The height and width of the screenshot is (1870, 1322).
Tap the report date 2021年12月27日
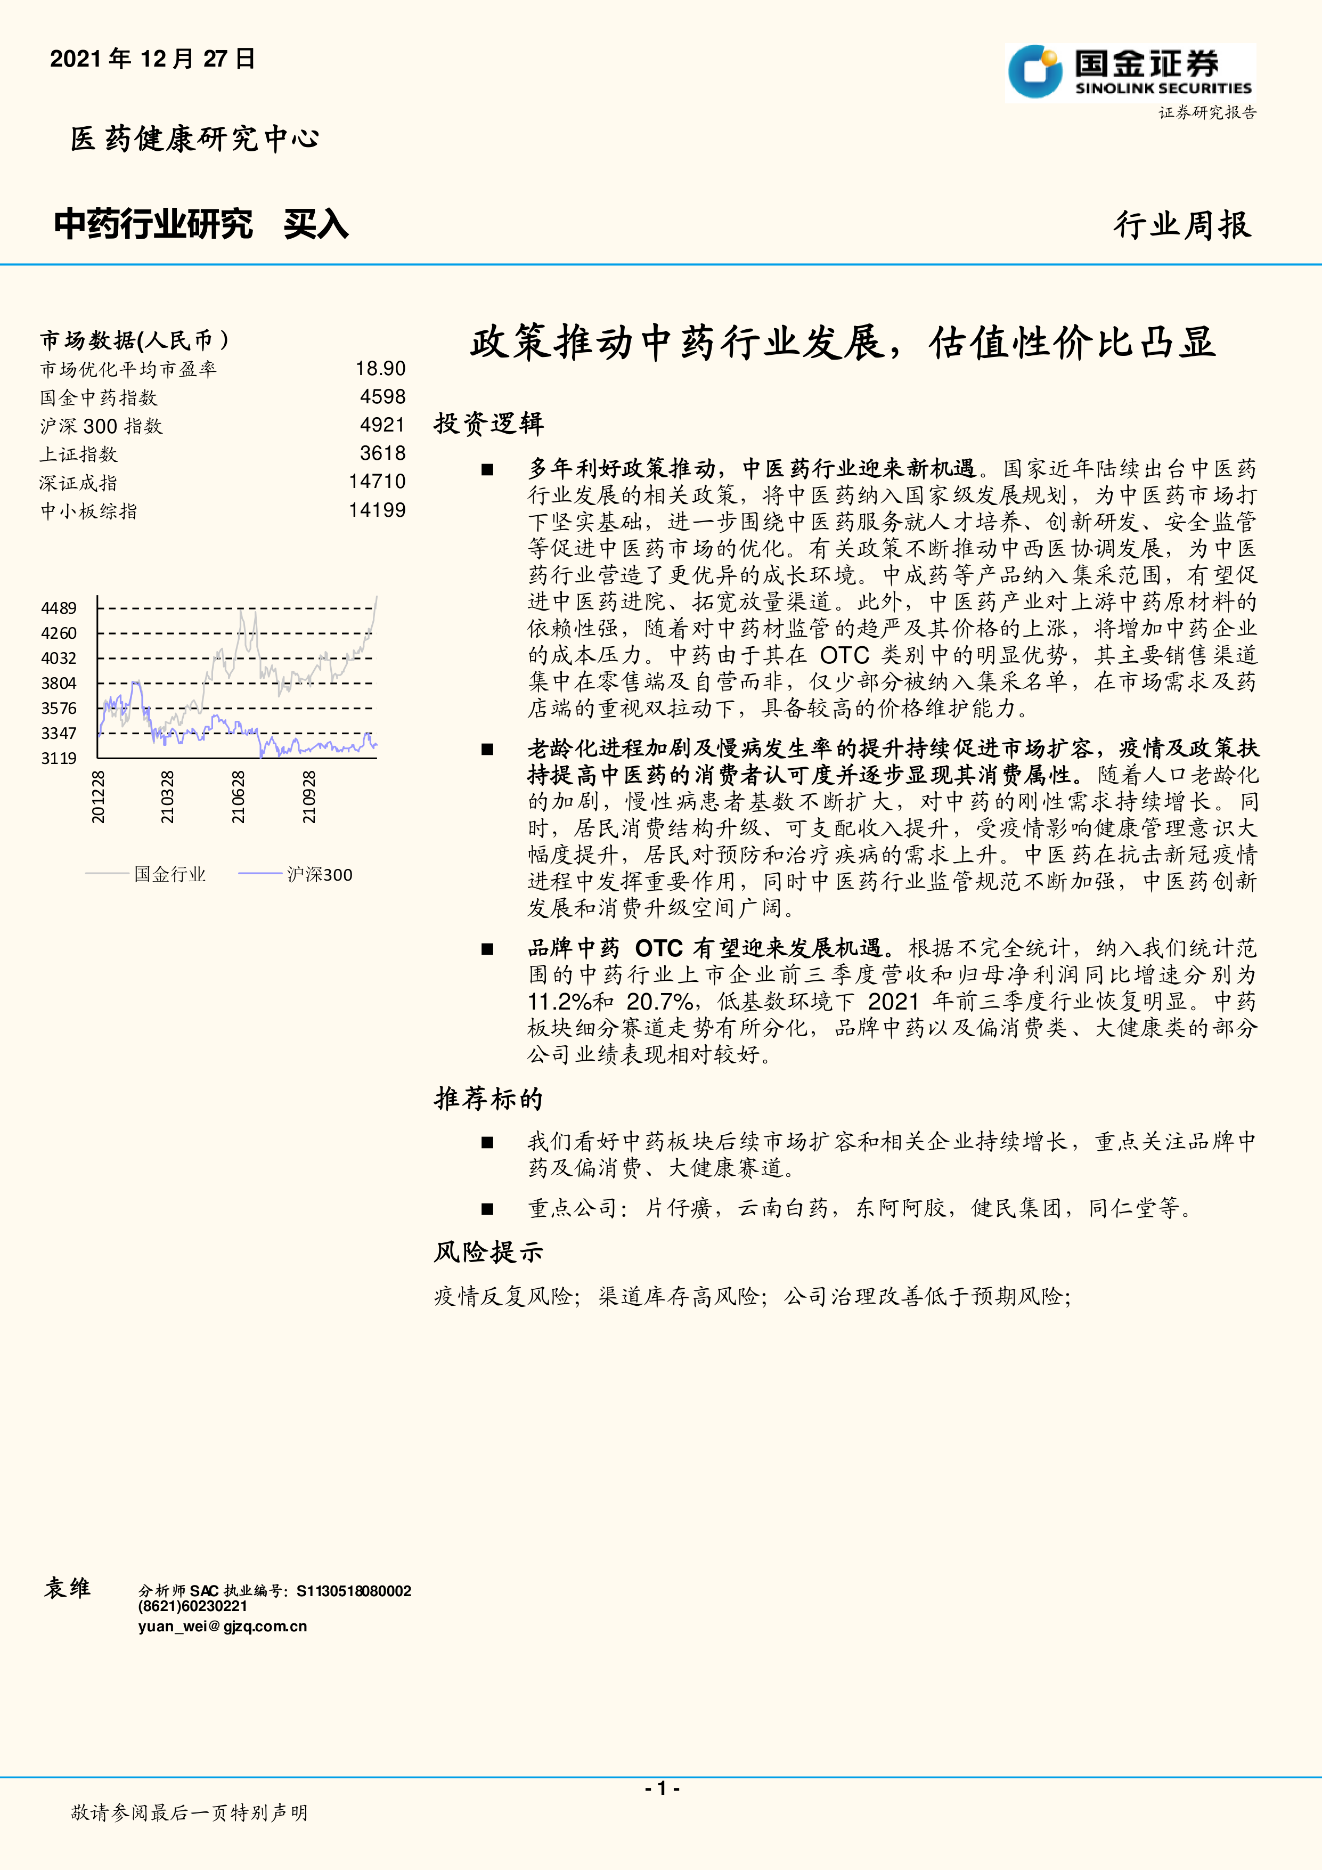click(153, 59)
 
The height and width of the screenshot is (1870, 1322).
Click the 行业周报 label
click(1182, 225)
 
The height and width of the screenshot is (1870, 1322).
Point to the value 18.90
click(380, 369)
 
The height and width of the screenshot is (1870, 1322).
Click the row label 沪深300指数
click(101, 426)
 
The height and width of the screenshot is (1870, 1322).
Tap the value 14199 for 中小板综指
click(377, 511)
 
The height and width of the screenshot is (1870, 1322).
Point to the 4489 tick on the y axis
click(59, 608)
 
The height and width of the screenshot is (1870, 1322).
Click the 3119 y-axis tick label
click(59, 758)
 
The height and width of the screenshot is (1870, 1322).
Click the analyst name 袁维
click(68, 1588)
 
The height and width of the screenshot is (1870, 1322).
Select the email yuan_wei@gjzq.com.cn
click(222, 1627)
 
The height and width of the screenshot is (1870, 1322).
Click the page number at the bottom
click(662, 1788)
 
